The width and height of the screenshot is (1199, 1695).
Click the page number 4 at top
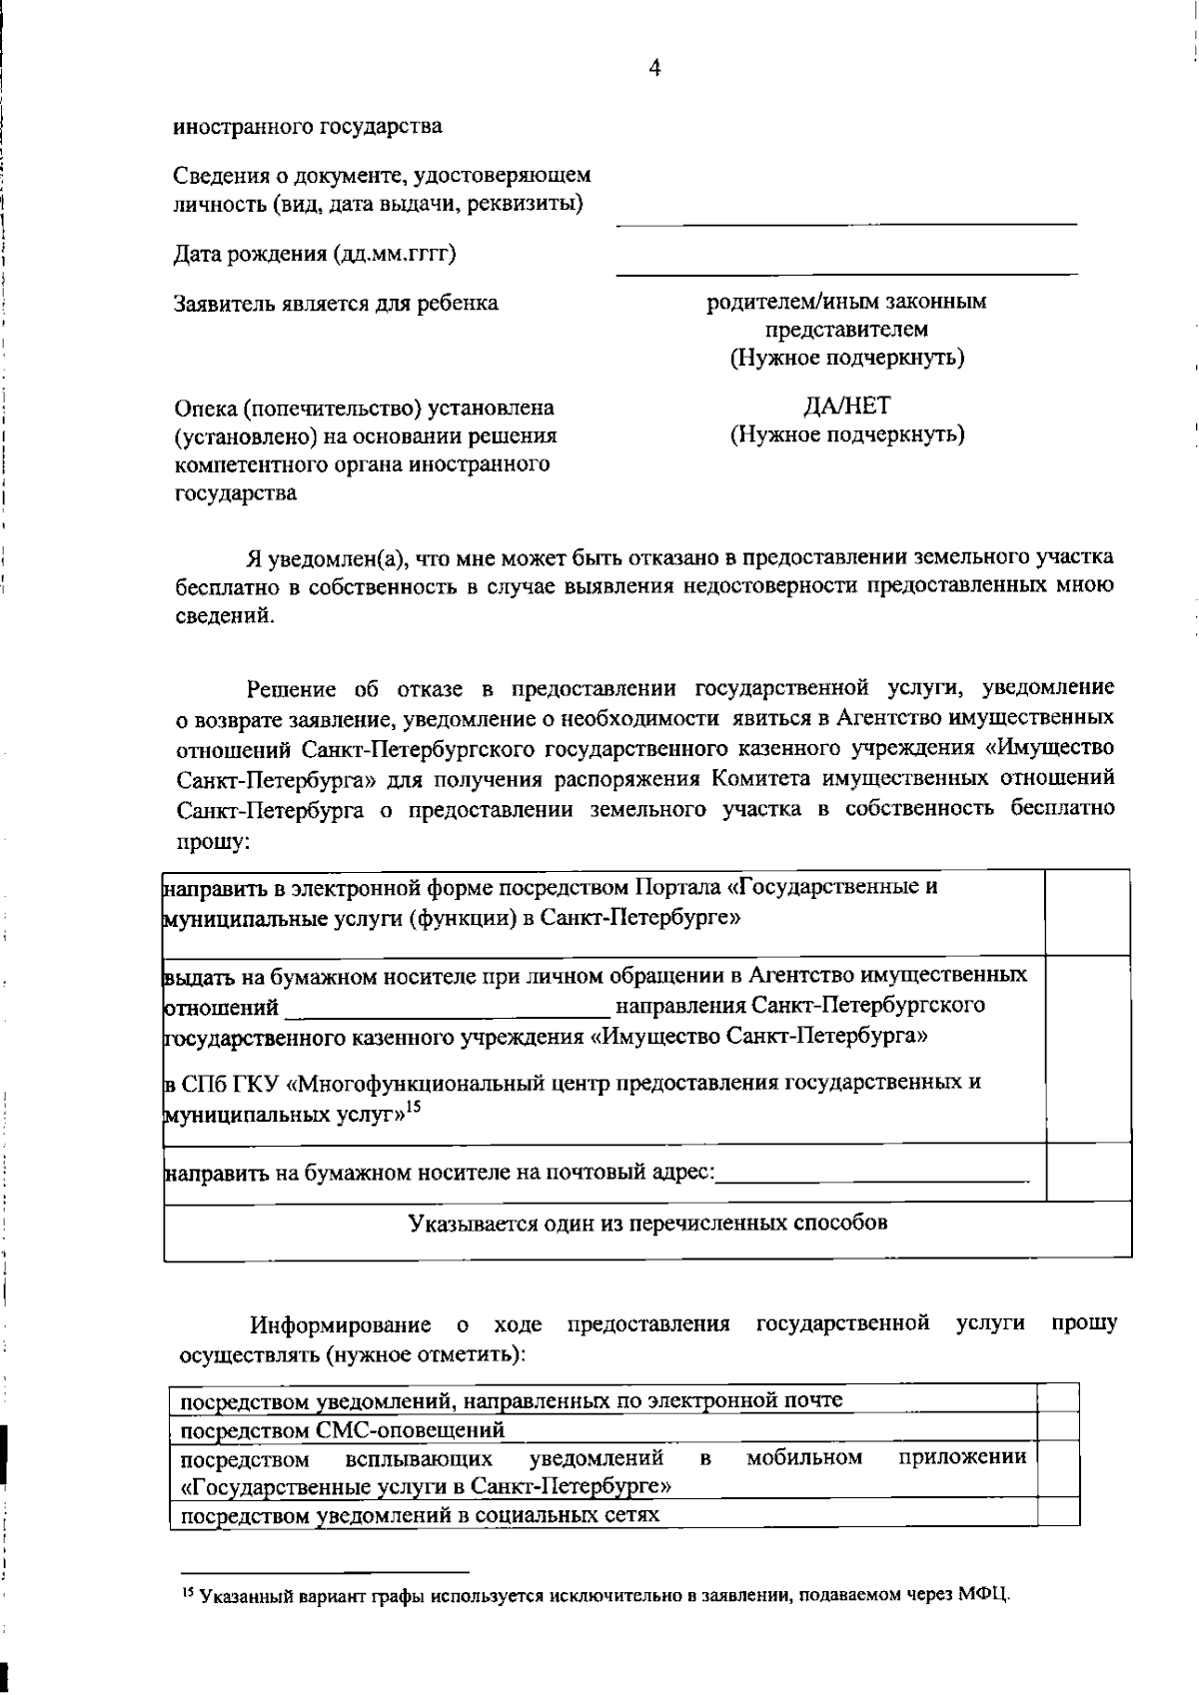click(654, 68)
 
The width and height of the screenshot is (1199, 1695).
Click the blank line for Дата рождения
click(846, 268)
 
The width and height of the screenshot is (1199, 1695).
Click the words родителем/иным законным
click(846, 302)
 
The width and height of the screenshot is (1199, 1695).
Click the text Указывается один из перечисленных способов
click(647, 1224)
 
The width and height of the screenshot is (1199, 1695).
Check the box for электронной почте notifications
click(1058, 1398)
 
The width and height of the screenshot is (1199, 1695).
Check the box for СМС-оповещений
click(1058, 1426)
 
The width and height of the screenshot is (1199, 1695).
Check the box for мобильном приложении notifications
click(1058, 1468)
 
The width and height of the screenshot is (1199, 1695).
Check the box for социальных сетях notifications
click(1058, 1512)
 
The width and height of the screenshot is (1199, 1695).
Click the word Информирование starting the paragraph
click(340, 1325)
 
